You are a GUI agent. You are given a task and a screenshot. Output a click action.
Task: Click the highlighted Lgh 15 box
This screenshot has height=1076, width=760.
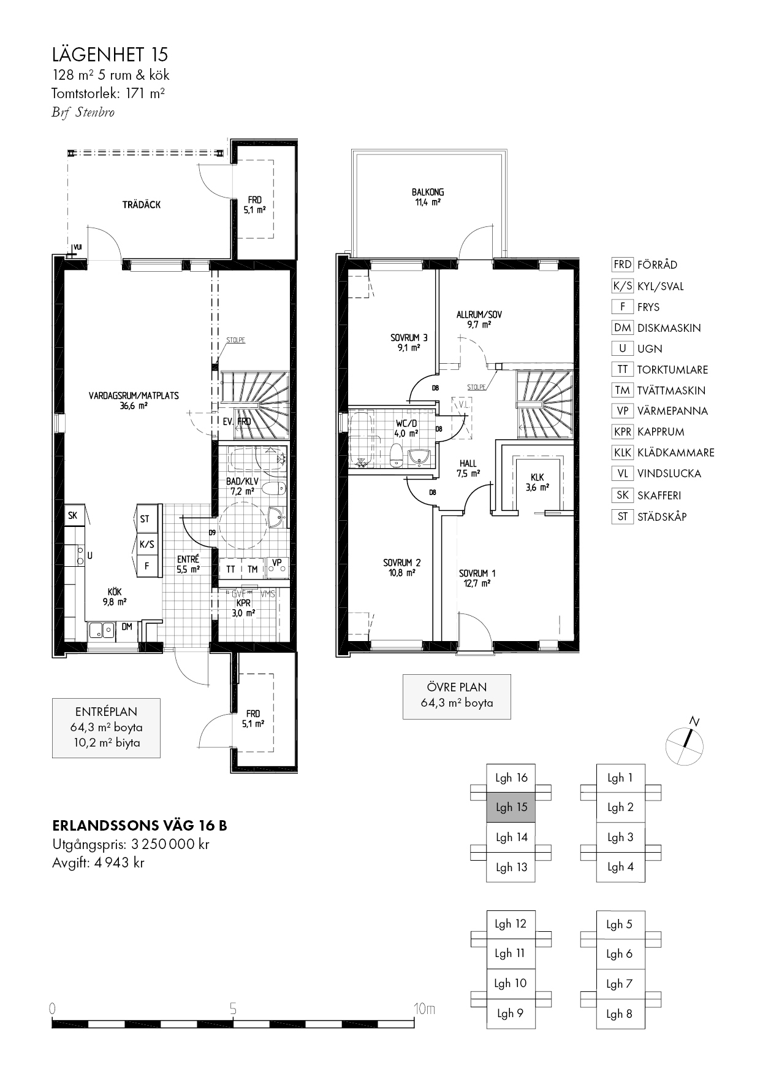pos(511,807)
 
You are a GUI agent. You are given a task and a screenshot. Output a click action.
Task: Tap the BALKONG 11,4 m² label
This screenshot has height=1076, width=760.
pos(428,197)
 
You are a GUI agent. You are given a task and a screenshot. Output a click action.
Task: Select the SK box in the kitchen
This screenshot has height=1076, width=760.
pos(72,515)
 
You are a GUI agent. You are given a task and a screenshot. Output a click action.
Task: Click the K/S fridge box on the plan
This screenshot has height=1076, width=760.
pos(146,544)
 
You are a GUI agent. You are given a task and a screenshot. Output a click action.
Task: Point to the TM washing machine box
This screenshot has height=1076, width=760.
pos(253,569)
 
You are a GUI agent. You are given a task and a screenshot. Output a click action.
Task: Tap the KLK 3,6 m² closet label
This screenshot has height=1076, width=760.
pos(537,482)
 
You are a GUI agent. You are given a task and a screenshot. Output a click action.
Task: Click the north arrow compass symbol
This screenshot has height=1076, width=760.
pos(685,744)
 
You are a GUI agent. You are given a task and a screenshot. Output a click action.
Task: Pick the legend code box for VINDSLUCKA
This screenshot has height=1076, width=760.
pos(622,474)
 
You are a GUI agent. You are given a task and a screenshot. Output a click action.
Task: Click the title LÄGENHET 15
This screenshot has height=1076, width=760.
pos(110,55)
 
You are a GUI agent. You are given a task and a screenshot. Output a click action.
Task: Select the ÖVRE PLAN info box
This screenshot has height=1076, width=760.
pos(457,696)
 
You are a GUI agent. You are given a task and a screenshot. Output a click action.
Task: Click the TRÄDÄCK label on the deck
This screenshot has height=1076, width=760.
pos(142,205)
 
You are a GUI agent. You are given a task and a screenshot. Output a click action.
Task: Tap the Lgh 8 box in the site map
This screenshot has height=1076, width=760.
pos(620,1014)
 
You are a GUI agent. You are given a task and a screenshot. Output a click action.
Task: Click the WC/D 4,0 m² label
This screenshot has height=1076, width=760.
pos(407,428)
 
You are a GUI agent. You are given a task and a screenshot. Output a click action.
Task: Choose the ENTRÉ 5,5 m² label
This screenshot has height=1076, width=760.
pos(188,564)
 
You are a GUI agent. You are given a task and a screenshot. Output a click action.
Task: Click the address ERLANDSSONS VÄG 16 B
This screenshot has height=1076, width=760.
pos(140,826)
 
